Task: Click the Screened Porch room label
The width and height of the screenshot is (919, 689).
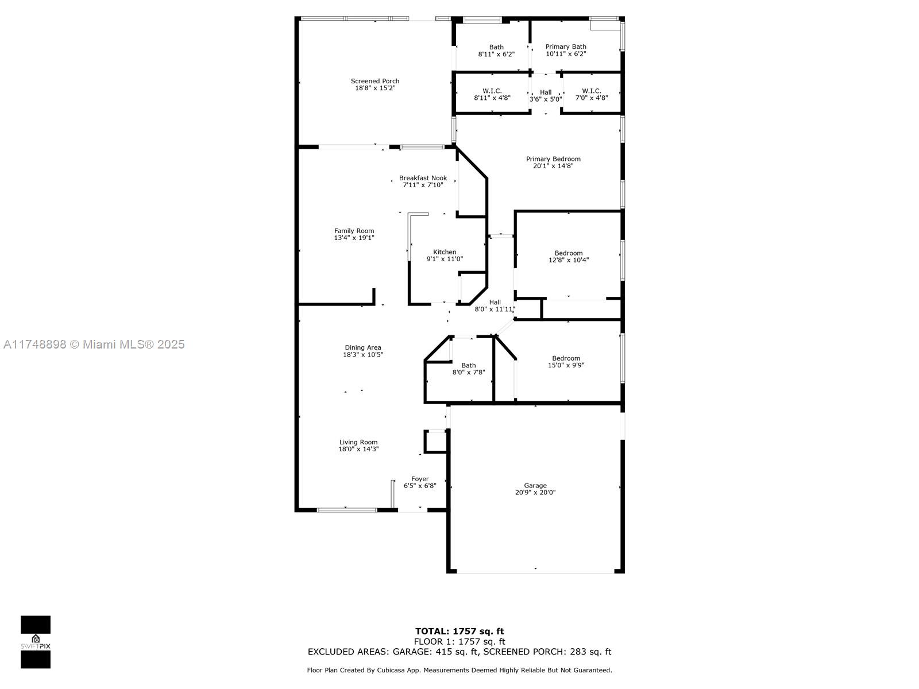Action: tap(374, 81)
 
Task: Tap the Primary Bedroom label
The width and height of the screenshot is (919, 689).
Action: tap(553, 159)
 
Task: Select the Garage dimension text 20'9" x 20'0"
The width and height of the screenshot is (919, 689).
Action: tap(535, 493)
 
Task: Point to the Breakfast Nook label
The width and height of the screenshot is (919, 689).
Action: tap(423, 178)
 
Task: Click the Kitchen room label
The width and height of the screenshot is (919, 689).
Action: tap(445, 252)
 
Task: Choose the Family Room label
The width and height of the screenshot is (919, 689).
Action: tap(354, 231)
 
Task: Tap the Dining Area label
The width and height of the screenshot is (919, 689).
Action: tap(363, 347)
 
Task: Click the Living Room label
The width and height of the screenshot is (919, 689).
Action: tap(358, 442)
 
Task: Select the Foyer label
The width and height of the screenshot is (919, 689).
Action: tap(420, 479)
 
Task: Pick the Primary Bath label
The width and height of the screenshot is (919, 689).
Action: tap(566, 47)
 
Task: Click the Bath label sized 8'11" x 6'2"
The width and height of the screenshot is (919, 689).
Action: tap(496, 47)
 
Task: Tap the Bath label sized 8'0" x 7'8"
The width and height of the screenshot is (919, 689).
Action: tap(469, 365)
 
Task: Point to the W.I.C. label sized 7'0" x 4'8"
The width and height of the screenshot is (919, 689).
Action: tap(591, 91)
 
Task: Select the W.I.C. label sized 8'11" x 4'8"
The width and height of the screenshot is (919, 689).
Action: tap(492, 91)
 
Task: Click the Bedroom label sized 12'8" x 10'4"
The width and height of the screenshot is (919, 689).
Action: tap(569, 253)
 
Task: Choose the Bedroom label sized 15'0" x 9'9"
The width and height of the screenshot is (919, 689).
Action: tap(566, 358)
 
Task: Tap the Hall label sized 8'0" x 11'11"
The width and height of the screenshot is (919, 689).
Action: tap(495, 302)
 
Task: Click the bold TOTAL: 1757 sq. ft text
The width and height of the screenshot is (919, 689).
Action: tap(459, 631)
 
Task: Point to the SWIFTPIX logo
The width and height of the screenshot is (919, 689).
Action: tap(36, 642)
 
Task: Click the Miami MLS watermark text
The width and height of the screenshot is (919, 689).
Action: tap(94, 344)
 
